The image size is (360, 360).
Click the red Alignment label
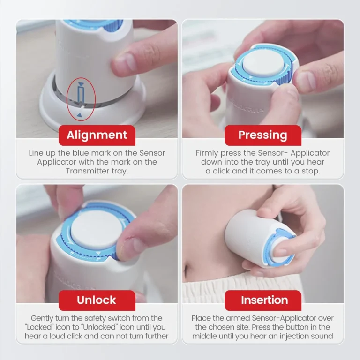(97, 135)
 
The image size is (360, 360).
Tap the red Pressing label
(263, 135)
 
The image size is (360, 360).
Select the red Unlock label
(97, 300)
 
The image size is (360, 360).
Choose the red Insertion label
(263, 300)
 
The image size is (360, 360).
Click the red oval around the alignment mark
(67, 99)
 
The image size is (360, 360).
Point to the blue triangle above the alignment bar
(81, 84)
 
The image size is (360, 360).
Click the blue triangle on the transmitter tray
(79, 115)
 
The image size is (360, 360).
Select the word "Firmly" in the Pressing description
(207, 153)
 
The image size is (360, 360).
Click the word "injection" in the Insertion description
(291, 336)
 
